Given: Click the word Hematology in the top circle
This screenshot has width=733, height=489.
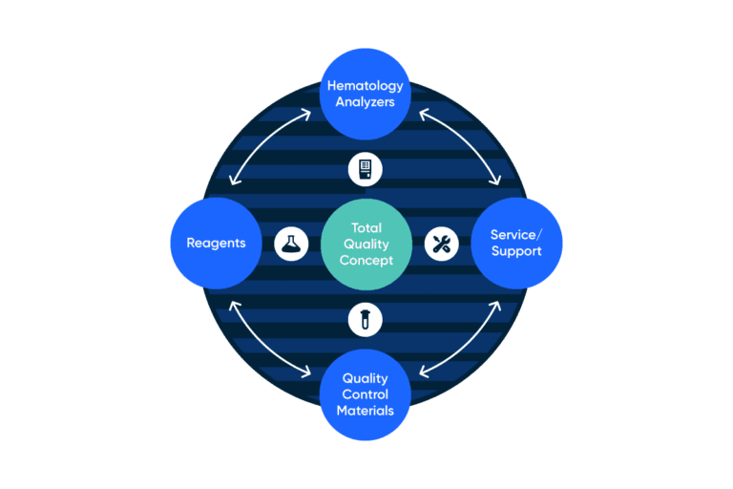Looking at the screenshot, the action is [366, 86].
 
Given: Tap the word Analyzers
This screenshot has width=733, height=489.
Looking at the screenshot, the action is [366, 102].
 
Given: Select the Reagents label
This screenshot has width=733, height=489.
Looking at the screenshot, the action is [216, 243].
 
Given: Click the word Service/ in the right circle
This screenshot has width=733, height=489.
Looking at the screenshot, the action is [516, 234].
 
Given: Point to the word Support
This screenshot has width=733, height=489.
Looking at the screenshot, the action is [516, 251].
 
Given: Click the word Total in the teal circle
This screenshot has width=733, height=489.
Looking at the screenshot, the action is [366, 228].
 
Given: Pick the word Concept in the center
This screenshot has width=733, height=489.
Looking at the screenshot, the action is [366, 260].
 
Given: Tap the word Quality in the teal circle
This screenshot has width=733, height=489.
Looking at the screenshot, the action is [366, 244].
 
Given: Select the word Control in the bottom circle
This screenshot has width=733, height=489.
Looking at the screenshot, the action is [366, 394].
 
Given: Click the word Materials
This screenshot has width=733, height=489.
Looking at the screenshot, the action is [366, 411].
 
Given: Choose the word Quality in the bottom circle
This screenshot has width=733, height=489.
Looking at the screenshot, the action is [366, 378].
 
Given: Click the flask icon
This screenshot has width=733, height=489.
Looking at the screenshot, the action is [291, 244].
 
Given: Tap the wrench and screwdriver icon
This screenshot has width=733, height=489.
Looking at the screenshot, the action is [442, 244].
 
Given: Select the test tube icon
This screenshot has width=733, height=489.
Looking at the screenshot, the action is [366, 319].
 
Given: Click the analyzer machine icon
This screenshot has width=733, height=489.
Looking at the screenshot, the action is [366, 169].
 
